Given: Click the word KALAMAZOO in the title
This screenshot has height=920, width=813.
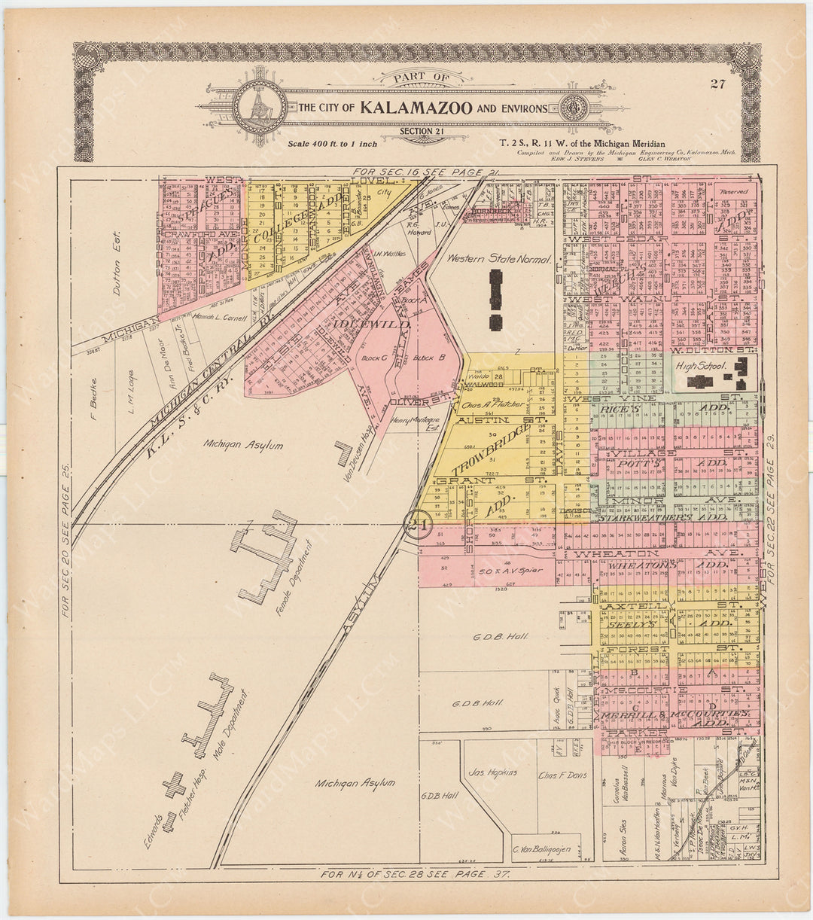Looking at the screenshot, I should (x=416, y=108).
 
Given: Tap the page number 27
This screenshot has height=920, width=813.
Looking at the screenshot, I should (x=717, y=84).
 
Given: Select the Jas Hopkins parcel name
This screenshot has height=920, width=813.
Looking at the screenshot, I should (x=492, y=772).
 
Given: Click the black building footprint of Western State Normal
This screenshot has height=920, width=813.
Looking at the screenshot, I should (x=496, y=300).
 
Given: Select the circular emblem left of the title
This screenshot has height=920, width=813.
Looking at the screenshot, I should (x=259, y=107).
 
